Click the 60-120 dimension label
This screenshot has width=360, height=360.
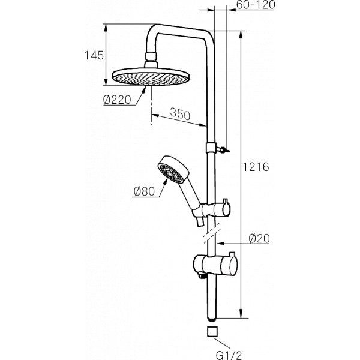click(256, 5)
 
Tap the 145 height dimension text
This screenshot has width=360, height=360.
click(94, 55)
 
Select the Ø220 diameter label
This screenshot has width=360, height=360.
click(117, 100)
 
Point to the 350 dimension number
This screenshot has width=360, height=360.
click(180, 113)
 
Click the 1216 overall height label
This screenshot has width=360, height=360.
click(256, 167)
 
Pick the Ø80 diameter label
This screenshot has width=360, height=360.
click(144, 191)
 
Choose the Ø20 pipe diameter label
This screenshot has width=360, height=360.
click(259, 239)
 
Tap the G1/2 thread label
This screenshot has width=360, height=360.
click(229, 355)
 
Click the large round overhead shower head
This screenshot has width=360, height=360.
click(151, 76)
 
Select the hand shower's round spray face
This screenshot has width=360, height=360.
click(169, 173)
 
